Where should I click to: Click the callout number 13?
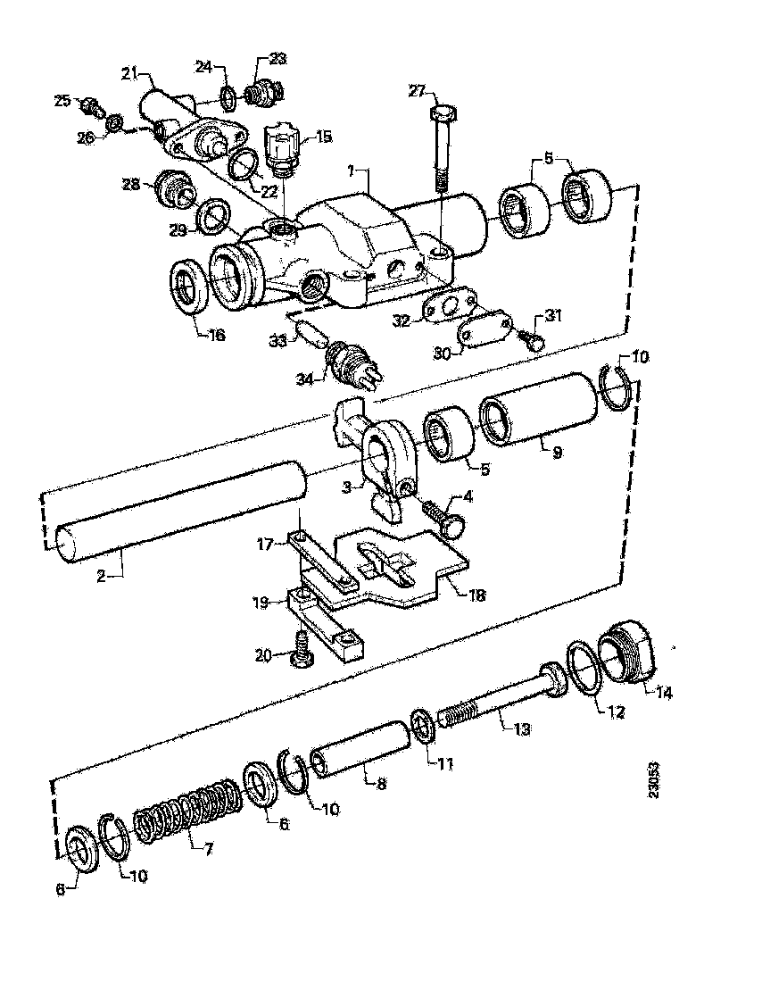pyautogui.click(x=520, y=729)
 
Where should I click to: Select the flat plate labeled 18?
pyautogui.click(x=402, y=571)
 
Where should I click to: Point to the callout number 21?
pyautogui.click(x=128, y=72)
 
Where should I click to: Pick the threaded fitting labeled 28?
pyautogui.click(x=171, y=188)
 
